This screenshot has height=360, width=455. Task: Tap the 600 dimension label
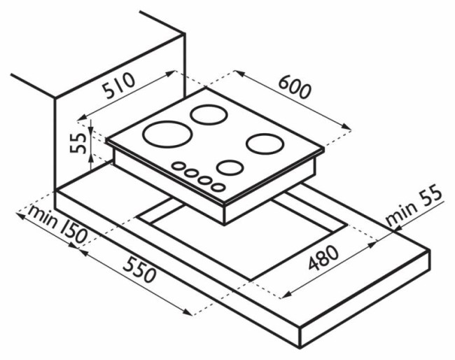(295, 87)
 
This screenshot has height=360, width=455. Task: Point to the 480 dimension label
(323, 258)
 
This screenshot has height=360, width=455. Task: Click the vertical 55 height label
(78, 144)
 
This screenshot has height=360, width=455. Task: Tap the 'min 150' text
(57, 224)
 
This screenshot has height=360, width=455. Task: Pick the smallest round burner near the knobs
(230, 168)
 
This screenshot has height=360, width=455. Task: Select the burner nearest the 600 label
(209, 115)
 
